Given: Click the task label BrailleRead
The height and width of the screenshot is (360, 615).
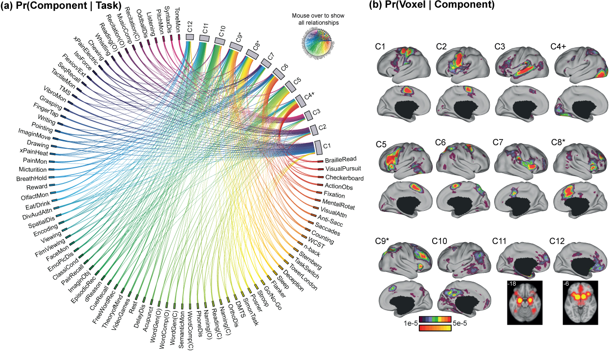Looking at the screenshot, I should pos(341,159).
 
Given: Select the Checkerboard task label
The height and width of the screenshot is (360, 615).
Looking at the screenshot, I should pos(344,178).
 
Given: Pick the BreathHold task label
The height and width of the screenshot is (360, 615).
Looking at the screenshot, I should pos(30,178).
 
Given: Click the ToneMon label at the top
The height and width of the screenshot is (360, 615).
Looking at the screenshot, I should pos(177,14).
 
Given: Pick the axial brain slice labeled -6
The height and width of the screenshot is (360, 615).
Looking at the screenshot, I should pos(581,302).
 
